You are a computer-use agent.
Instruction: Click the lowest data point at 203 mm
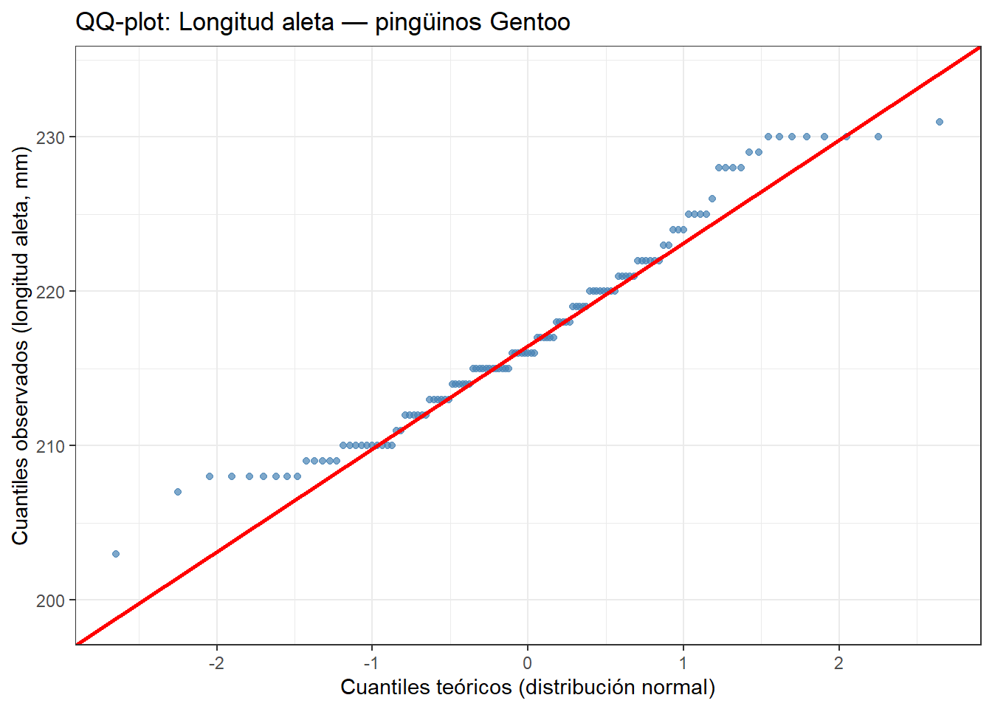click(116, 554)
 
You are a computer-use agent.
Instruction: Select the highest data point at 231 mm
click(940, 122)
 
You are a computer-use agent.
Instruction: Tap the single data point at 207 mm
click(178, 492)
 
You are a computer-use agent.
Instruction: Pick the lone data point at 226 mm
click(712, 199)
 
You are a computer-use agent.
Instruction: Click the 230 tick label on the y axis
click(50, 137)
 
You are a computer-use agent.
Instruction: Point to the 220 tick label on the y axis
click(50, 292)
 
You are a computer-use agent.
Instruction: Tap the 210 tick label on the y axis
click(50, 446)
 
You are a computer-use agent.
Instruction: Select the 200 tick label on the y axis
click(50, 600)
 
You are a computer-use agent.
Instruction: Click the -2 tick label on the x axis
click(216, 662)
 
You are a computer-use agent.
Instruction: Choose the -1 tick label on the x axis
click(371, 662)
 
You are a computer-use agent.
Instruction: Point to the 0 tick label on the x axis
click(528, 662)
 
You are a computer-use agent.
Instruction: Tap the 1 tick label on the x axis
click(683, 662)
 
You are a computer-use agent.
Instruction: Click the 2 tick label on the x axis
click(839, 662)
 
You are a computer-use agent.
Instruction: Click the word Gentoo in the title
click(530, 22)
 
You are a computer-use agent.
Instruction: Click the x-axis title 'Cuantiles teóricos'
click(426, 687)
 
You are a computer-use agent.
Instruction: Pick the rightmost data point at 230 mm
click(878, 137)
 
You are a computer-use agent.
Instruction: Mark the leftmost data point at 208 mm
click(210, 476)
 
